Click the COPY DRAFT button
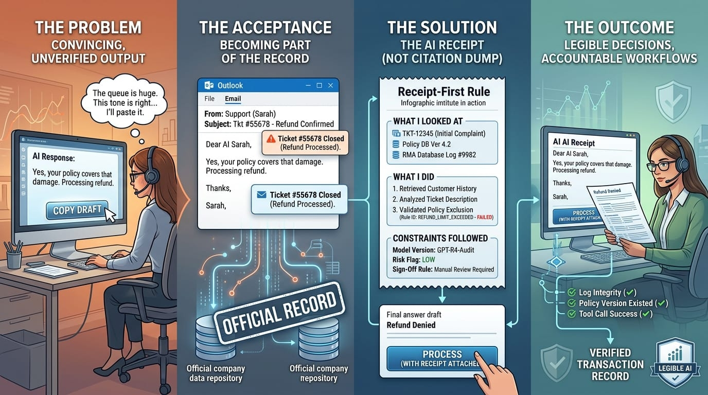[x=77, y=210]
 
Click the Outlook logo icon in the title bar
[x=208, y=85]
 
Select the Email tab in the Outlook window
[x=233, y=99]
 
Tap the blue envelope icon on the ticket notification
[x=261, y=195]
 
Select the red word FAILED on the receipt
[x=485, y=218]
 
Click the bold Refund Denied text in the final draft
[x=411, y=325]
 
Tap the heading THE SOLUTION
[x=442, y=27]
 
